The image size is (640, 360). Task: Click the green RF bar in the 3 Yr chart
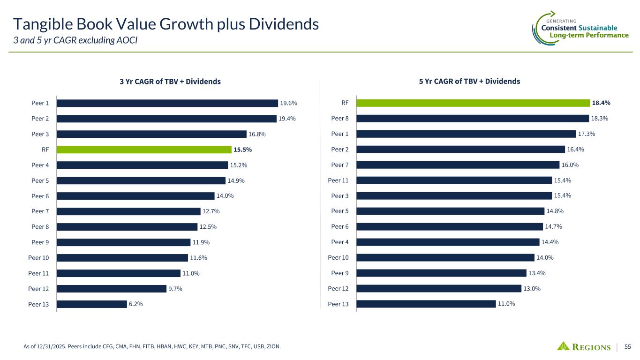tap(143, 150)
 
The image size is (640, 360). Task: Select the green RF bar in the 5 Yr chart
tap(473, 103)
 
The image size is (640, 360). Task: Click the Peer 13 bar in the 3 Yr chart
tap(91, 304)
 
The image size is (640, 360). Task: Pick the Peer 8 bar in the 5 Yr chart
tap(472, 118)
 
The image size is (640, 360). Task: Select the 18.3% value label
tap(599, 119)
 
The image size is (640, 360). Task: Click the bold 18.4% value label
tap(601, 103)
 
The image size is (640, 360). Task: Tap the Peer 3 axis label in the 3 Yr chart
tap(41, 134)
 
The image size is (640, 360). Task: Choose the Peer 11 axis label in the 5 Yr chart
tap(338, 180)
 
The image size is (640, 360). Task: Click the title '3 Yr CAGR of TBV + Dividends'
tap(170, 82)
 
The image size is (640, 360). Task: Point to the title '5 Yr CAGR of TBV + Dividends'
tap(469, 81)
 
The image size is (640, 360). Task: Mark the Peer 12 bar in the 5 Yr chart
tap(438, 288)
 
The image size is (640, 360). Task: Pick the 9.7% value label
tap(175, 289)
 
